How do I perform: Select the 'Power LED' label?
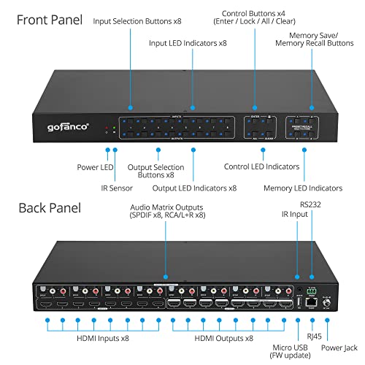(x=96, y=167)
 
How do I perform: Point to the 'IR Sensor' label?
(x=96, y=186)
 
